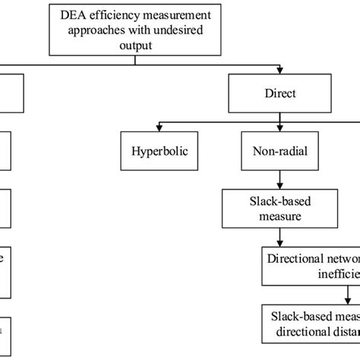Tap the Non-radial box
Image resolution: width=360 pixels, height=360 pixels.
point(280,150)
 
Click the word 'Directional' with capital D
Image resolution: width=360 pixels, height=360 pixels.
point(297,258)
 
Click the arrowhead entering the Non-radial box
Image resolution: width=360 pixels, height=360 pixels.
point(280,128)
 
